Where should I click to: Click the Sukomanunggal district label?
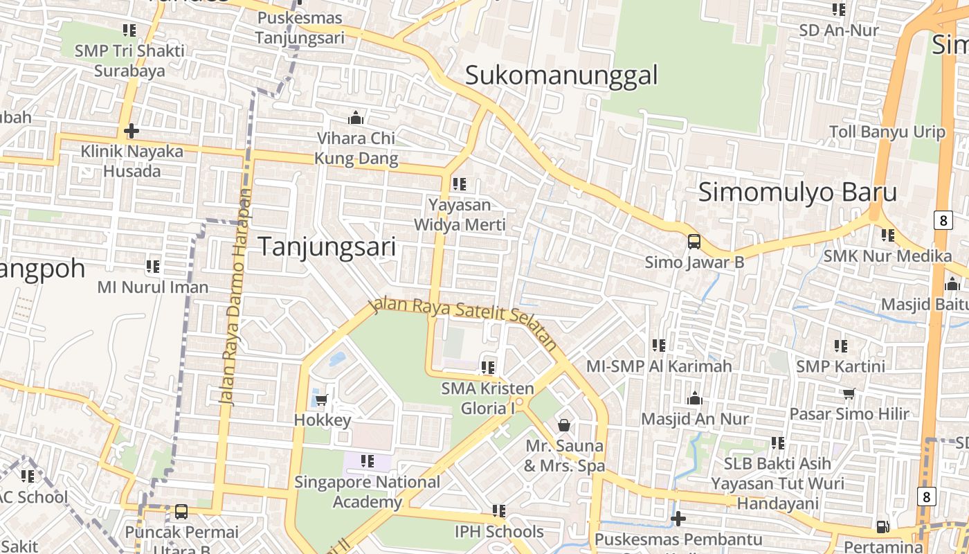click(x=561, y=75)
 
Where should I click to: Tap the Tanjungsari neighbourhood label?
click(x=327, y=247)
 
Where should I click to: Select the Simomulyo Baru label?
click(x=797, y=192)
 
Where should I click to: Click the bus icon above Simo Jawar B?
click(x=694, y=242)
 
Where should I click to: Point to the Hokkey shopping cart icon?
click(x=322, y=400)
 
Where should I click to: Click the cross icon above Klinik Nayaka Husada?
click(x=132, y=130)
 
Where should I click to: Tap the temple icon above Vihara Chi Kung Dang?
click(x=356, y=118)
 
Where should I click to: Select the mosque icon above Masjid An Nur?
click(x=695, y=398)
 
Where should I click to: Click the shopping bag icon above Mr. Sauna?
click(x=564, y=425)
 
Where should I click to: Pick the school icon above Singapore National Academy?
click(x=367, y=461)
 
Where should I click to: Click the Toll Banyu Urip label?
click(x=887, y=132)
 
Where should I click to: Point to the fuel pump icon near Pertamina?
click(x=882, y=526)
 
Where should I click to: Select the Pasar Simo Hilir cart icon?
click(x=849, y=393)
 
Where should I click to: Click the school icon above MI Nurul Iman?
click(x=153, y=266)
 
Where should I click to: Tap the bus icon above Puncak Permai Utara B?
click(x=181, y=512)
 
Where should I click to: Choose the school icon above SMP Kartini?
click(x=841, y=346)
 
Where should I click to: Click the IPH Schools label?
click(x=499, y=532)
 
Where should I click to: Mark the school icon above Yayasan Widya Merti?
click(x=459, y=184)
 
